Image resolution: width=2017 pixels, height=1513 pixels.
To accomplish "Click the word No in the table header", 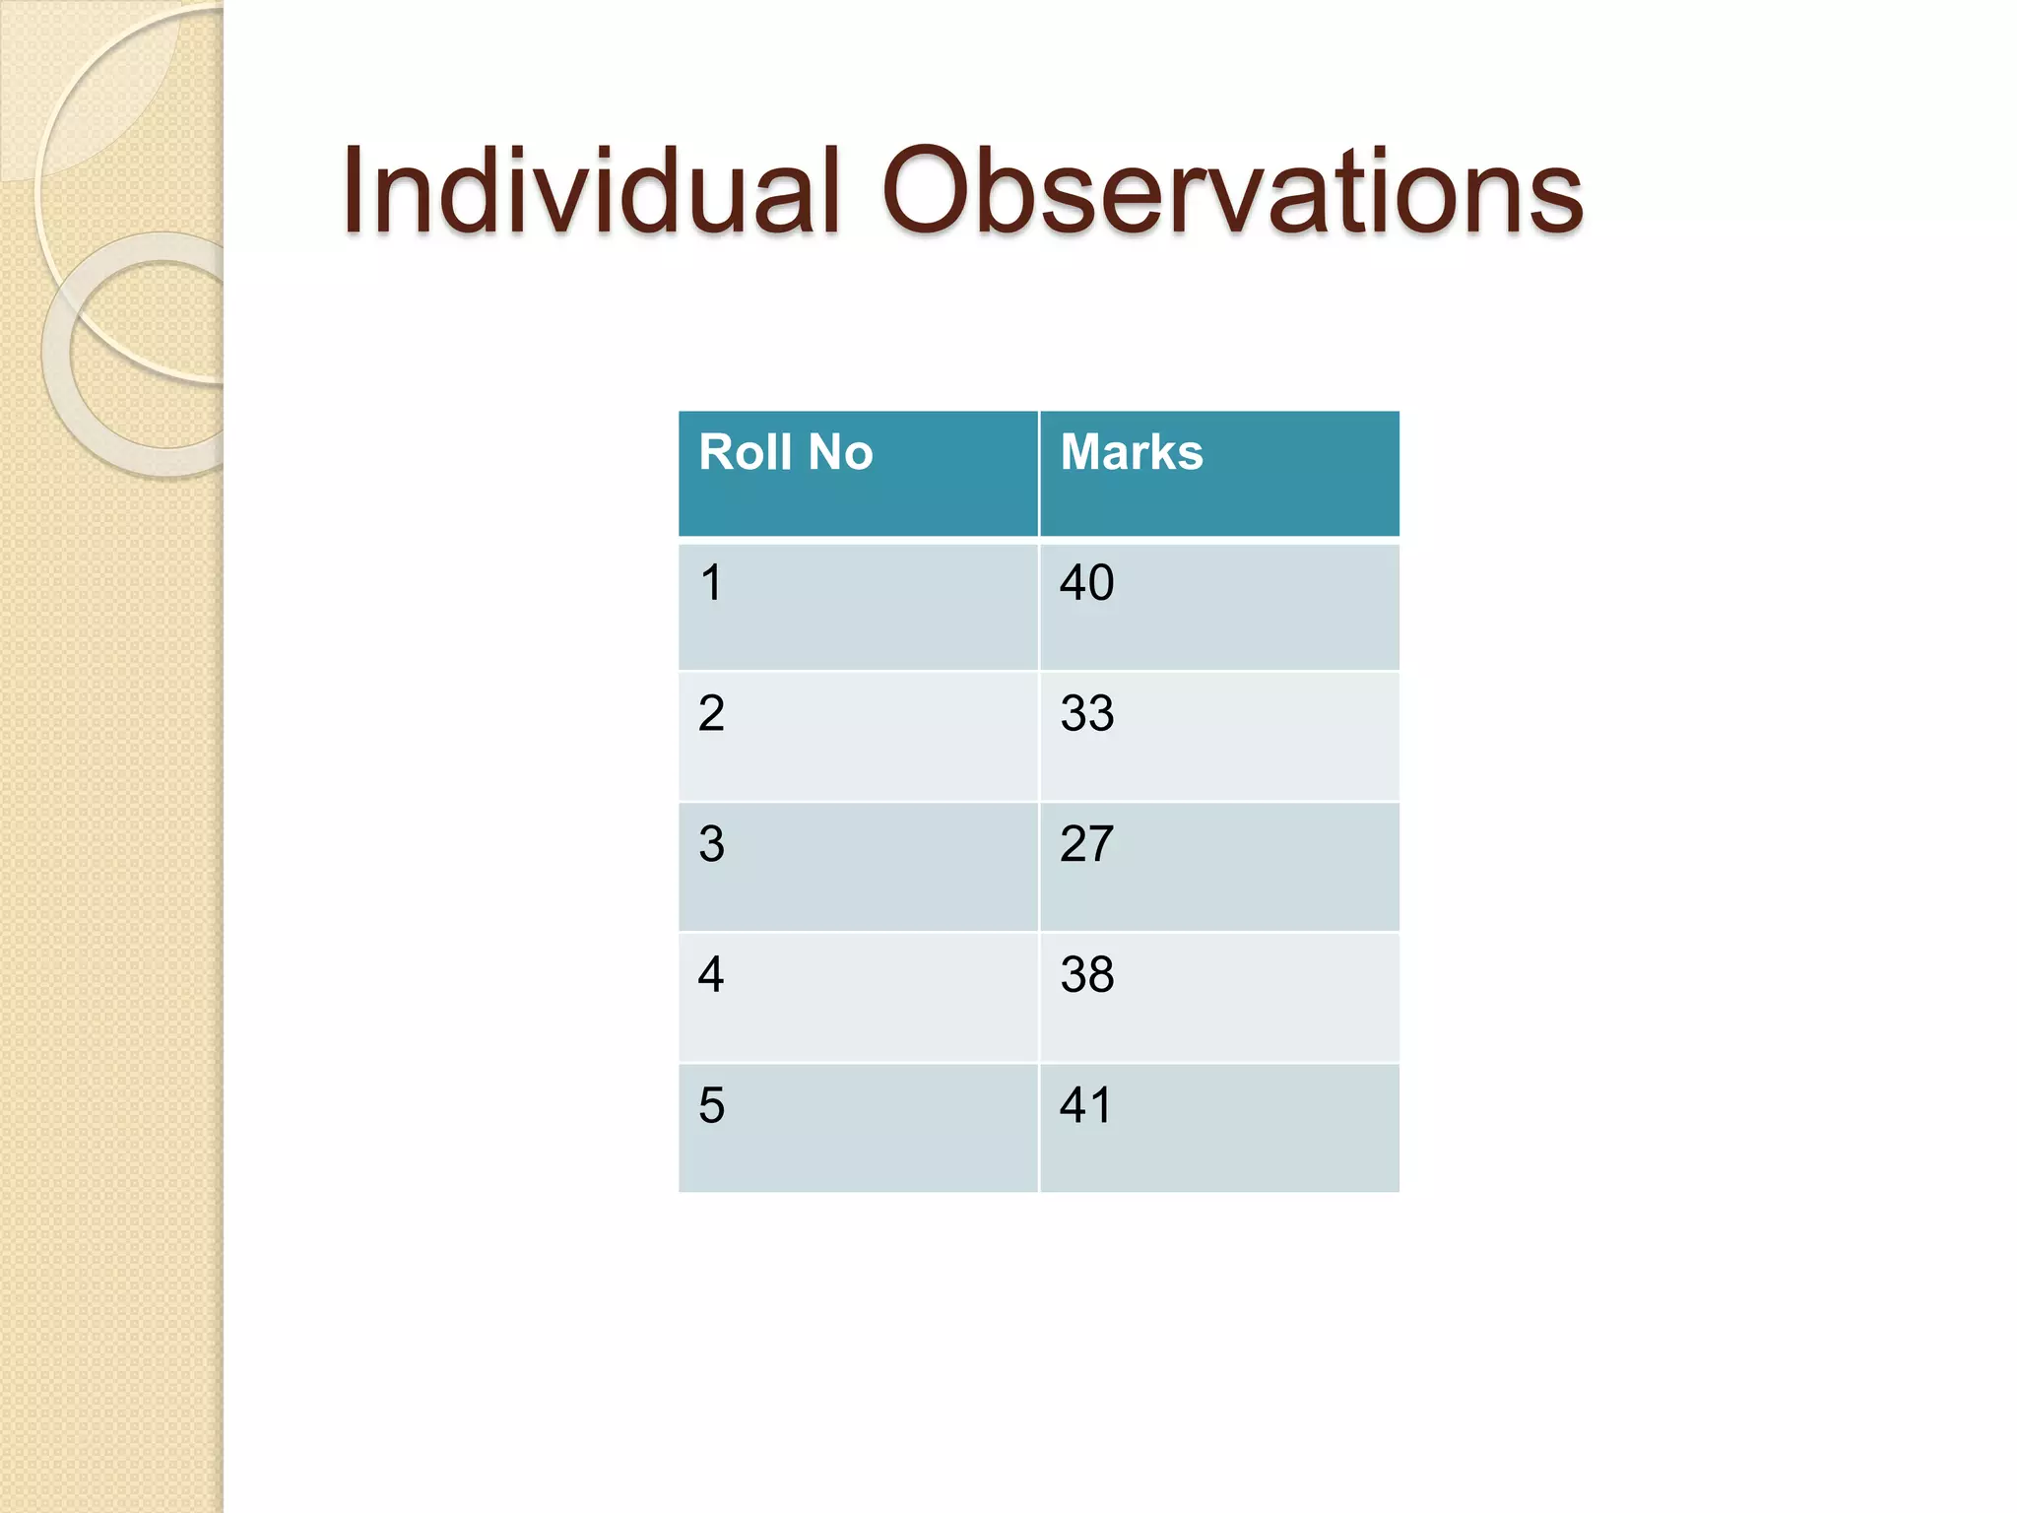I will [840, 452].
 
